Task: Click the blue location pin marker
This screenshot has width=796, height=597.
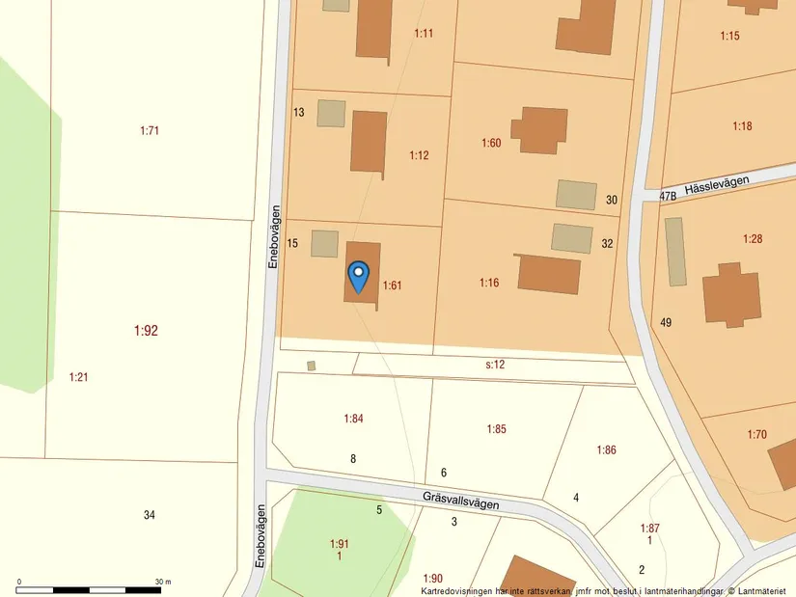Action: (x=358, y=276)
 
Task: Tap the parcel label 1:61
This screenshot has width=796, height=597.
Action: (x=392, y=285)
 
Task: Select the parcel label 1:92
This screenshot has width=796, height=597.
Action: (x=146, y=331)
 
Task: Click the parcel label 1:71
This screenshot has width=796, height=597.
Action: (x=150, y=130)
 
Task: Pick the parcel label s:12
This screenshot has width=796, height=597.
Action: (x=495, y=365)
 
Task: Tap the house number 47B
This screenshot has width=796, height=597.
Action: (x=668, y=196)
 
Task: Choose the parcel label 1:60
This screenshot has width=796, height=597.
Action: (x=491, y=143)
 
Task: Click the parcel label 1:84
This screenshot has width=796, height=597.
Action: (x=353, y=419)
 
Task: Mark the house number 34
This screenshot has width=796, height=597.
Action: (x=150, y=515)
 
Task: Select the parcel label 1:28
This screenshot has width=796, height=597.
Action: (x=753, y=238)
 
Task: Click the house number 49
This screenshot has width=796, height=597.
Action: (x=666, y=322)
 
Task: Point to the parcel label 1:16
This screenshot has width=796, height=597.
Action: (x=489, y=283)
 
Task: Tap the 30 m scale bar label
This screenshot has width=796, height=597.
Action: (x=162, y=583)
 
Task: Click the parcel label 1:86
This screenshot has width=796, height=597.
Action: (x=606, y=450)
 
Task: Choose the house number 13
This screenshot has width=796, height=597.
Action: (x=298, y=113)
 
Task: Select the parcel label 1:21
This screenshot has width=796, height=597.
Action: (x=78, y=377)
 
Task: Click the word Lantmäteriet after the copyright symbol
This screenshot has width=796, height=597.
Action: (x=764, y=590)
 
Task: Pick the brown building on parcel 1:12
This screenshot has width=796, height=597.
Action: (x=369, y=142)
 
